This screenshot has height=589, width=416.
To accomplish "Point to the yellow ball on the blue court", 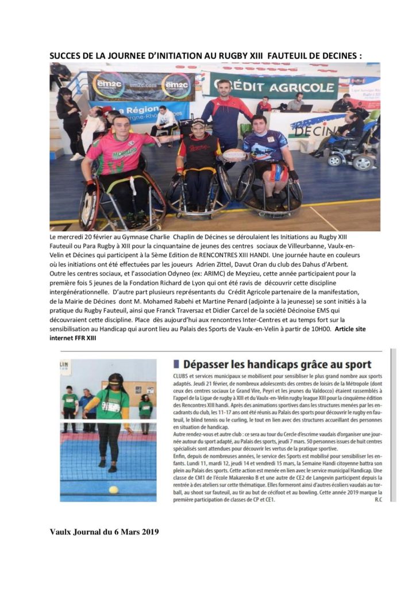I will [113, 489].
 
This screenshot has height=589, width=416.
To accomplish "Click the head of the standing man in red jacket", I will [226, 88].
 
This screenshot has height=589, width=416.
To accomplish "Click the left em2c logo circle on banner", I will [107, 84].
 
